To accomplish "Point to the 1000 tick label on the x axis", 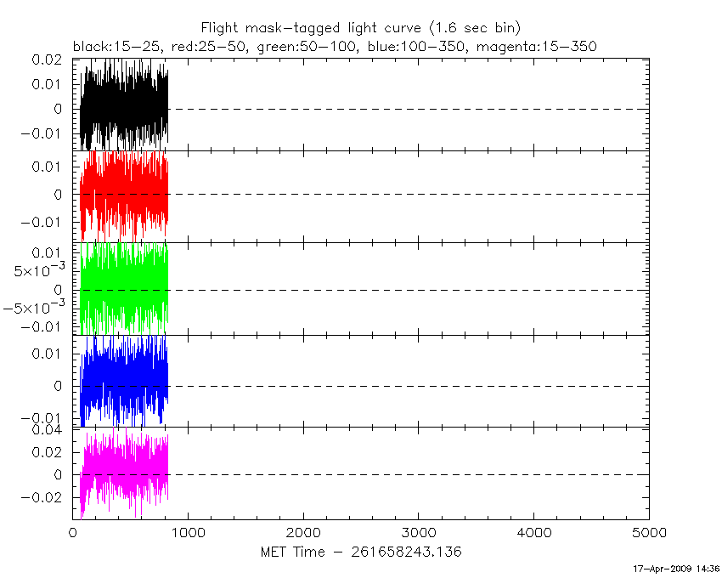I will pos(188,533).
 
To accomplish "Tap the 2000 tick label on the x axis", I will pos(303,533).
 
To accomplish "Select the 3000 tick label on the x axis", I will pos(418,533).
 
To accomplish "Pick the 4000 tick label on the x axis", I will pos(533,533).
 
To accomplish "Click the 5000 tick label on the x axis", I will pos(648,533).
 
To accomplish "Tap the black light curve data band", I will pos(124,106).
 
